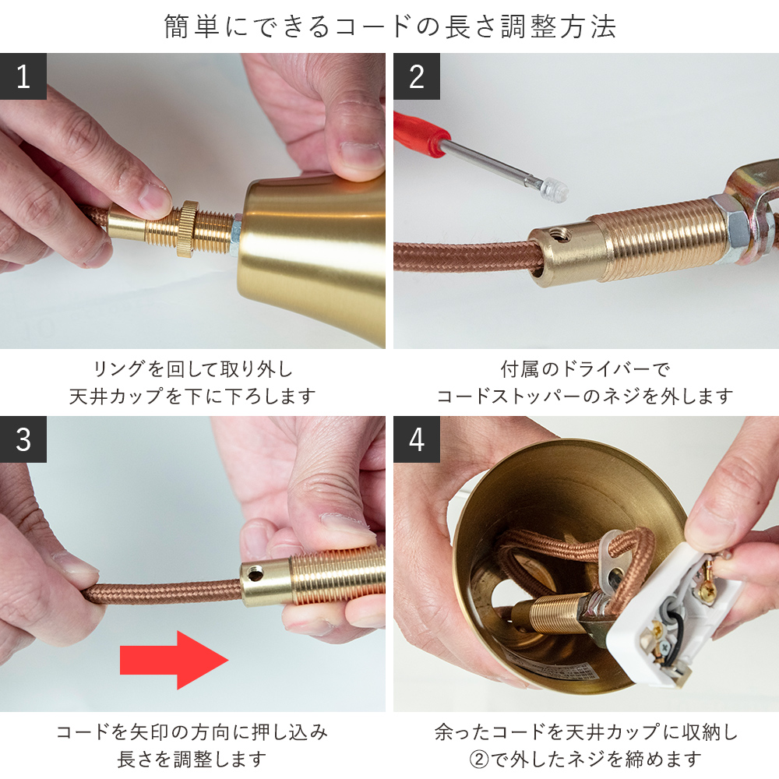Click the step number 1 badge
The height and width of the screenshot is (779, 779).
coord(23,76)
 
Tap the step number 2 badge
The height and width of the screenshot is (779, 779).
coord(417,76)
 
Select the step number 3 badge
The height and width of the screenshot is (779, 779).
coord(23,439)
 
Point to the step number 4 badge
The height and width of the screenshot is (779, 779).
coord(417,439)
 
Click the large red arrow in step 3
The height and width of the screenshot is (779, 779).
coord(174,661)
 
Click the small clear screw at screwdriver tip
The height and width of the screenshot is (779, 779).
coord(555,188)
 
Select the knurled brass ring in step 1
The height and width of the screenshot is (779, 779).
coord(186,229)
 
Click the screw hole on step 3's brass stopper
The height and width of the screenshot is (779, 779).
coord(256,576)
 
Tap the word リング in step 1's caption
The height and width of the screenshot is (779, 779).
coord(118,369)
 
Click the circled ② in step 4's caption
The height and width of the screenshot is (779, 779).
coord(479,759)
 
